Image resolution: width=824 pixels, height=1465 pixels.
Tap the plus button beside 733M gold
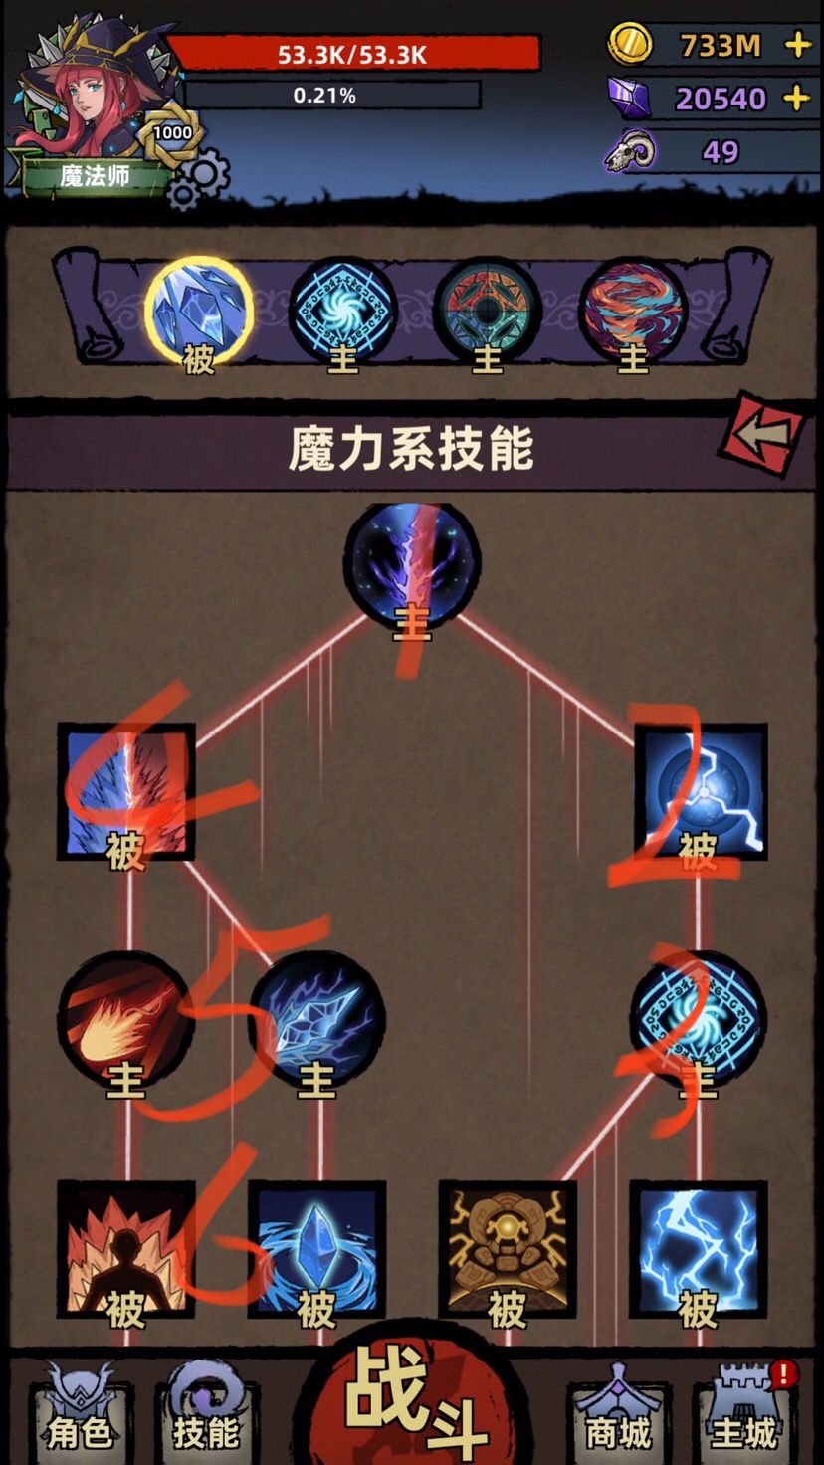click(x=798, y=46)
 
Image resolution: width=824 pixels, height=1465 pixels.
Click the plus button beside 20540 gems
click(x=796, y=99)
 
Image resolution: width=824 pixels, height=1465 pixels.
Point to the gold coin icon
click(x=629, y=45)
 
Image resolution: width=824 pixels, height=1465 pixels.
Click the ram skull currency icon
click(x=630, y=151)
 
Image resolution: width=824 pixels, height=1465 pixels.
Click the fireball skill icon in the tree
click(x=126, y=1021)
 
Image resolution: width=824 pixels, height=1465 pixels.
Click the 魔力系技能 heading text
click(x=411, y=449)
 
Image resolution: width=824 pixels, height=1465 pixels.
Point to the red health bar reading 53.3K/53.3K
click(x=353, y=54)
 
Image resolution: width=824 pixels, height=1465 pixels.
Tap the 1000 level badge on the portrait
click(x=172, y=133)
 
